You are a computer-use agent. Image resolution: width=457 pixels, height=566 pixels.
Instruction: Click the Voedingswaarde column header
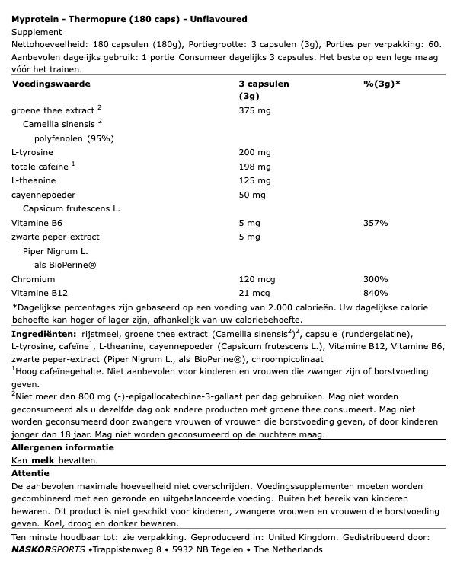(51, 84)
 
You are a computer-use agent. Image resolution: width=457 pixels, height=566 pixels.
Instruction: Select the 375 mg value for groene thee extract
(255, 110)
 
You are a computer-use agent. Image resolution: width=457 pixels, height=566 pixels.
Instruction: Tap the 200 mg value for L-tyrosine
(255, 152)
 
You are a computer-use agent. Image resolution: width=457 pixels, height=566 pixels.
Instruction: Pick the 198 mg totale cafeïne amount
(255, 167)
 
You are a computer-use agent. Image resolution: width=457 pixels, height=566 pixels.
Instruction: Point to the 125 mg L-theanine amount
(255, 180)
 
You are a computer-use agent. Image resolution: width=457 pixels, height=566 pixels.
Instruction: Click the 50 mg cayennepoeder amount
(252, 195)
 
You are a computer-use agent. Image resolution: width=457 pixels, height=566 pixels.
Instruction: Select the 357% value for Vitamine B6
(376, 223)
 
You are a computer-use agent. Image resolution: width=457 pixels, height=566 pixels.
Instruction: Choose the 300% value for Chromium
(376, 279)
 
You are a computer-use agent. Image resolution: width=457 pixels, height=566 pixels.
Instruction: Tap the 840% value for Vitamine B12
(376, 293)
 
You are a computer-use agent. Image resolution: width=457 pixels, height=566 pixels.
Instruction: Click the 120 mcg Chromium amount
(258, 279)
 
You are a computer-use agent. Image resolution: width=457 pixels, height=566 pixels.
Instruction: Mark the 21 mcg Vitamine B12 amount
(255, 293)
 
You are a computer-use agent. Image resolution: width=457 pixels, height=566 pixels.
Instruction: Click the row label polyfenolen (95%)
(74, 138)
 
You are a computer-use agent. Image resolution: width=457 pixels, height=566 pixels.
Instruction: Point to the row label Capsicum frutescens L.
(72, 208)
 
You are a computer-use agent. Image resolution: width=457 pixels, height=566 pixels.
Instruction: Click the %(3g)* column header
(382, 84)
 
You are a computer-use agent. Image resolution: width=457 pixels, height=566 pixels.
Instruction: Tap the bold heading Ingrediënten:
(43, 334)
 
